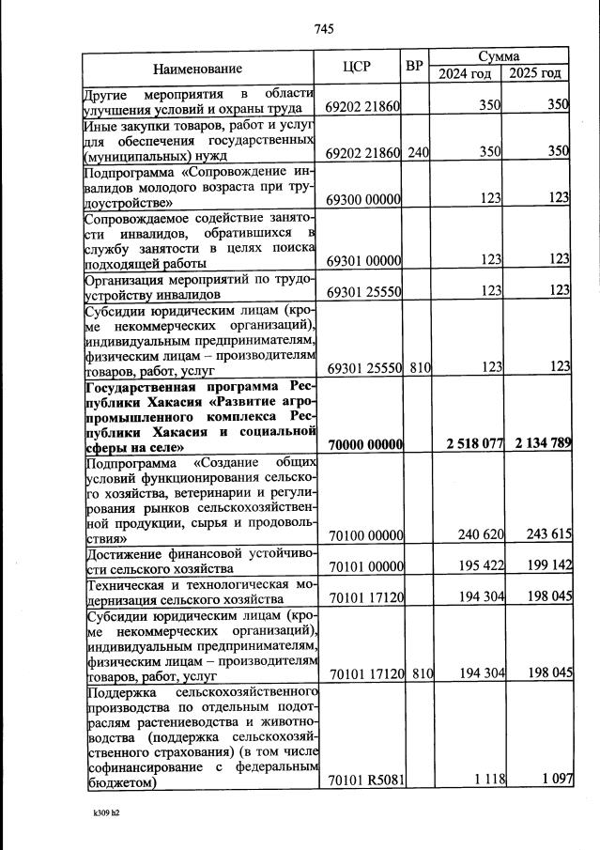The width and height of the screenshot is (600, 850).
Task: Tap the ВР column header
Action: point(414,68)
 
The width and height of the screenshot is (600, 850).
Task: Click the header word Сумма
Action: point(500,58)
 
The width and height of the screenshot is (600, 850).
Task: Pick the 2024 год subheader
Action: point(464,74)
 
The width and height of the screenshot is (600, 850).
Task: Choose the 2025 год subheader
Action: point(534,74)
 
